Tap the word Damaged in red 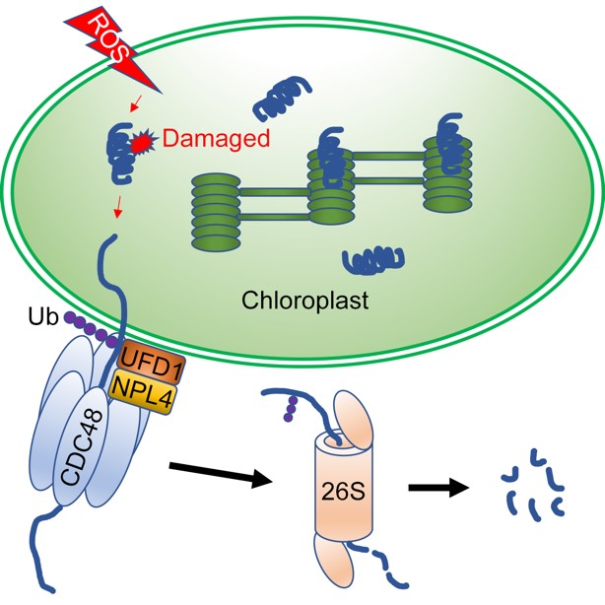point(215,139)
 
